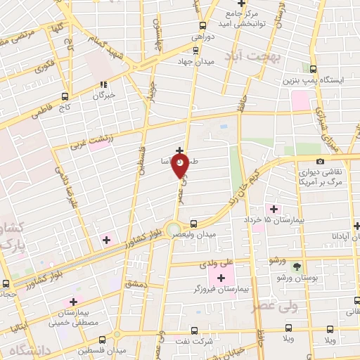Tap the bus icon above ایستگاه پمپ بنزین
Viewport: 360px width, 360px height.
click(x=314, y=68)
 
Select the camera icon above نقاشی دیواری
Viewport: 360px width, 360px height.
click(x=321, y=162)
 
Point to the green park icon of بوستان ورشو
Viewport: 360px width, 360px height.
click(x=297, y=266)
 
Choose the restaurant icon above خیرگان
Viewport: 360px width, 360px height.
click(x=103, y=84)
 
